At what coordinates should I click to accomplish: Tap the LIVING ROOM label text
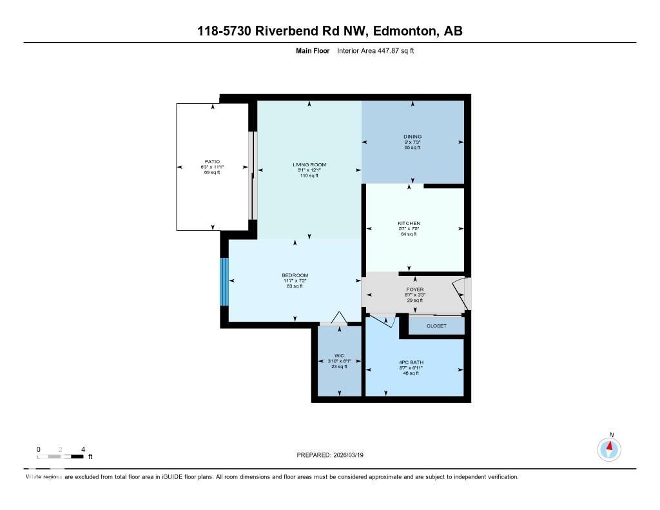(309, 164)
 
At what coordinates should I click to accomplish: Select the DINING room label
(412, 137)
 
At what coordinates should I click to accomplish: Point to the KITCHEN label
(409, 223)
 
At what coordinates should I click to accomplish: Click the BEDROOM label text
(295, 275)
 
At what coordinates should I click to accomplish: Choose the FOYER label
(414, 289)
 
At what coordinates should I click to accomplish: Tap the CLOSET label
(436, 326)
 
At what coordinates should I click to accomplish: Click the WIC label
(339, 355)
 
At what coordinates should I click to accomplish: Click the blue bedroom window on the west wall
(224, 282)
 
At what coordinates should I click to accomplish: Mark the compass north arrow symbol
(609, 447)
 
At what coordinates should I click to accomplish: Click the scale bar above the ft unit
(61, 456)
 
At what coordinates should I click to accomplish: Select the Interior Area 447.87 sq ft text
(375, 50)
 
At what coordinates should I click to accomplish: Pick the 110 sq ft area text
(309, 175)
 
